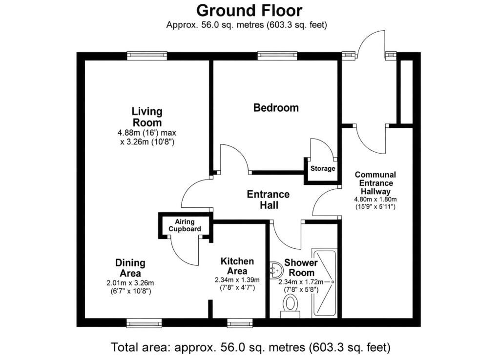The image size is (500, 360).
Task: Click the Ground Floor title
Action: point(249,11)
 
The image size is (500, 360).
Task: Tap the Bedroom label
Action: point(276,108)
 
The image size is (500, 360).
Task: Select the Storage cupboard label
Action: point(323,168)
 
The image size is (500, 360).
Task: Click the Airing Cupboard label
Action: point(185,225)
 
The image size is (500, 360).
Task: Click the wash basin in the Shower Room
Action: point(276,270)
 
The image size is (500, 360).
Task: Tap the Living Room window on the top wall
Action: point(147,56)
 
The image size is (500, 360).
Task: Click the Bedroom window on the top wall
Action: point(277,56)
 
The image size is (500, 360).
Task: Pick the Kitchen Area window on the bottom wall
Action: point(239,323)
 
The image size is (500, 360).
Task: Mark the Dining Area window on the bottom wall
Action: point(144,323)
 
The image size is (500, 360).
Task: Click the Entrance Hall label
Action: point(269,200)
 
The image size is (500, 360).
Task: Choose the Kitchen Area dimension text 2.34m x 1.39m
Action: point(237,280)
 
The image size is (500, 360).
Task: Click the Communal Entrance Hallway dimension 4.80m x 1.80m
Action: point(375,200)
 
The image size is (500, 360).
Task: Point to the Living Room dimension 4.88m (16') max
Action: point(147,133)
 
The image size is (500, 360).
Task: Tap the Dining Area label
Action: point(130,268)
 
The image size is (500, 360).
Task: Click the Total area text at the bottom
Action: point(250,347)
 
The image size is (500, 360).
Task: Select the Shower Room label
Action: point(301,268)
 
